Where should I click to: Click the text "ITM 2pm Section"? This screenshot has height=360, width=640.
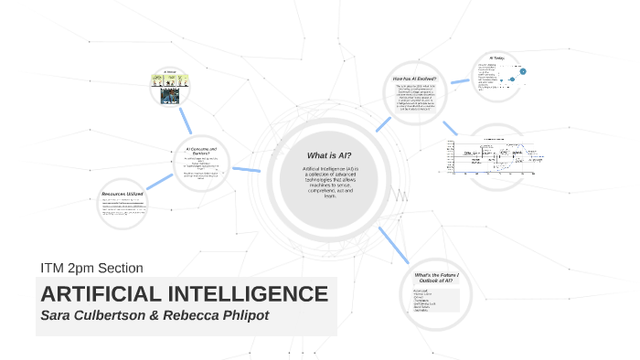pyautogui.click(x=91, y=268)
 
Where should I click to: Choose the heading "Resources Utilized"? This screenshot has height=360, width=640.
pyautogui.click(x=123, y=196)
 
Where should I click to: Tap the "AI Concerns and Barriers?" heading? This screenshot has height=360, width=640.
pyautogui.click(x=200, y=151)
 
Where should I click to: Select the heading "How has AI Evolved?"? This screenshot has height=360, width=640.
pyautogui.click(x=414, y=79)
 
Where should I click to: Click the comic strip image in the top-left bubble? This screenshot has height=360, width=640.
pyautogui.click(x=169, y=80)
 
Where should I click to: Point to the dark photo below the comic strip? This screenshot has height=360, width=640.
pyautogui.click(x=169, y=99)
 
